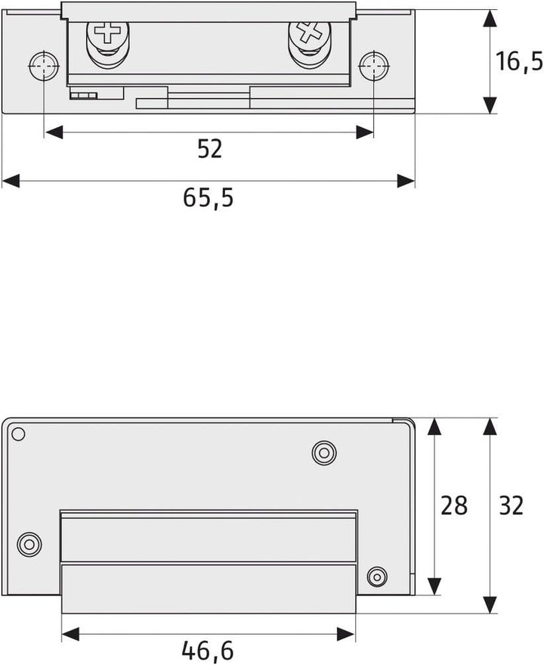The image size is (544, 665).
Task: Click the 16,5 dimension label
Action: click(x=519, y=61)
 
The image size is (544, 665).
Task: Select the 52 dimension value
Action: click(x=210, y=149)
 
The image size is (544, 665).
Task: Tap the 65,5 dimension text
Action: click(x=208, y=197)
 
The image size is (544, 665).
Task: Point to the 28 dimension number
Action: click(x=454, y=505)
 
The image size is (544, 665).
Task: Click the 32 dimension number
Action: click(x=512, y=505)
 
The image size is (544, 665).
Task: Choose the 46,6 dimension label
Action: click(x=208, y=650)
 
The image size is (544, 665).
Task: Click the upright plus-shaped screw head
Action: click(x=108, y=33)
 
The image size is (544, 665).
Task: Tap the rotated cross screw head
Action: click(x=309, y=33)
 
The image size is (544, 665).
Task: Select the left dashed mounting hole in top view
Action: click(x=44, y=66)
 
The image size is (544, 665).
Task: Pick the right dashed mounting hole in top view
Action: click(x=374, y=66)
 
